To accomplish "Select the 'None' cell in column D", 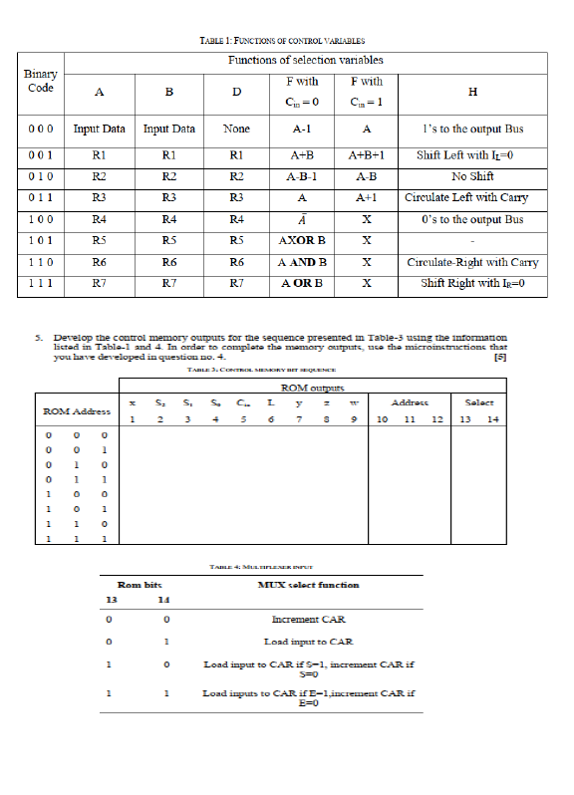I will [236, 129].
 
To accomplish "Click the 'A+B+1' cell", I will [367, 155].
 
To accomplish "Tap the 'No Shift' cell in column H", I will [472, 176].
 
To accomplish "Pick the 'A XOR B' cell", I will [302, 241].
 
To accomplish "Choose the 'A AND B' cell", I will [302, 263].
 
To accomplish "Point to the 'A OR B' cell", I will [302, 284].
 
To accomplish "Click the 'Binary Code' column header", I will [41, 81].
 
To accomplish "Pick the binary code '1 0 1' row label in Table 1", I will [40, 241].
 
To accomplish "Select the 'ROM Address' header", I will [76, 410].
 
